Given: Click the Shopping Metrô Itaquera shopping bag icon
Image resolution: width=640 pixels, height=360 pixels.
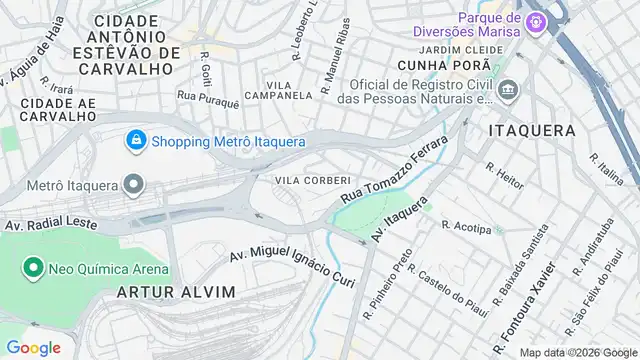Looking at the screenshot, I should coord(135,141).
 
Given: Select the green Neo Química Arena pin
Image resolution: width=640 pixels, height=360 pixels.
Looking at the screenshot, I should coord(32,268).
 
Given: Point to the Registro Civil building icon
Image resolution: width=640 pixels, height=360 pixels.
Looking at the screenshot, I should coord(508,91).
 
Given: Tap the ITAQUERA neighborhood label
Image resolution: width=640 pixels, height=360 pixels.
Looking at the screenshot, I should coord(532,131).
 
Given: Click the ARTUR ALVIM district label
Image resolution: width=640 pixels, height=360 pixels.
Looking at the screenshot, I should coord(176,292).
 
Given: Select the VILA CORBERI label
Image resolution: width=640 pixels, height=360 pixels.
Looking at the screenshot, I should coord(312,180).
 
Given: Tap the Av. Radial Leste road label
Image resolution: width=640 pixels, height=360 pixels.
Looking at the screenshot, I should coord(53,225).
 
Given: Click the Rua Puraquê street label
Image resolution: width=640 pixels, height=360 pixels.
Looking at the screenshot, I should coord(208,101).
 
